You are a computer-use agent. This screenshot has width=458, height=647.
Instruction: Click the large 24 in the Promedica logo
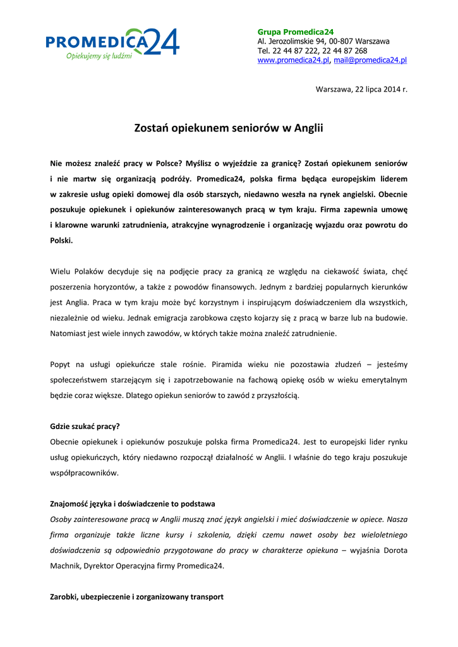pyautogui.click(x=162, y=42)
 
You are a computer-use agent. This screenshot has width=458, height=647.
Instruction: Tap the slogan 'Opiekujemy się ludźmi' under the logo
pyautogui.click(x=99, y=56)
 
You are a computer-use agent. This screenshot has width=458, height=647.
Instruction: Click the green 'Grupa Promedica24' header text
pyautogui.click(x=295, y=32)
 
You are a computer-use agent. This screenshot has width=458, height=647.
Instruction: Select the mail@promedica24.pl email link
pyautogui.click(x=370, y=60)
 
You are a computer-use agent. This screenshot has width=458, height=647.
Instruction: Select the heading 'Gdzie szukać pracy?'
pyautogui.click(x=85, y=426)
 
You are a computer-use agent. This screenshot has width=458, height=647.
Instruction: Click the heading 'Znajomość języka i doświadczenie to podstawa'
pyautogui.click(x=133, y=504)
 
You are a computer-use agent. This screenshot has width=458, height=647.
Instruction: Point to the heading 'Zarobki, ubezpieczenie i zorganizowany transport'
pyautogui.click(x=136, y=597)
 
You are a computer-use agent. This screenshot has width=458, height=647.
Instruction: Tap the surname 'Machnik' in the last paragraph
pyautogui.click(x=66, y=566)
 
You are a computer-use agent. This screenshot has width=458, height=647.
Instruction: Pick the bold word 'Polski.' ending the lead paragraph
pyautogui.click(x=62, y=241)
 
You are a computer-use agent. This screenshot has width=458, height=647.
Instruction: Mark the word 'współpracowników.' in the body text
pyautogui.click(x=83, y=473)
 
